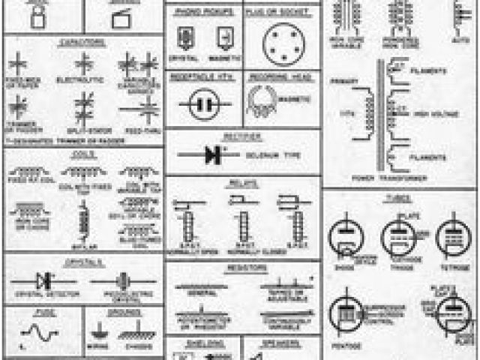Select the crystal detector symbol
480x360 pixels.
tap(45, 280)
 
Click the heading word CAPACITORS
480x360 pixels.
tap(82, 43)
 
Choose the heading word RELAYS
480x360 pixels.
tap(243, 182)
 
